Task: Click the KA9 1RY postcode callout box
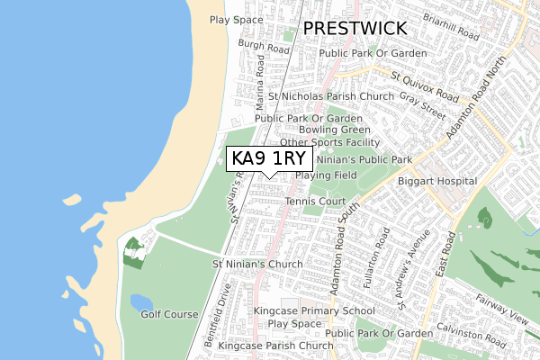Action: point(269,158)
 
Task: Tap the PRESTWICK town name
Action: point(355,29)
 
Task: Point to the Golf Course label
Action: point(168,314)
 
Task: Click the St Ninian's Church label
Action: point(257,265)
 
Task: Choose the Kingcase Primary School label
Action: point(313,310)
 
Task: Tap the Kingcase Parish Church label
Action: point(275,346)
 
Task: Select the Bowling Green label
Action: point(329,130)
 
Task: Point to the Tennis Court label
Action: point(316,201)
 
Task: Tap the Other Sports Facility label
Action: point(329,142)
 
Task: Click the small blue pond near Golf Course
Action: point(142,301)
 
